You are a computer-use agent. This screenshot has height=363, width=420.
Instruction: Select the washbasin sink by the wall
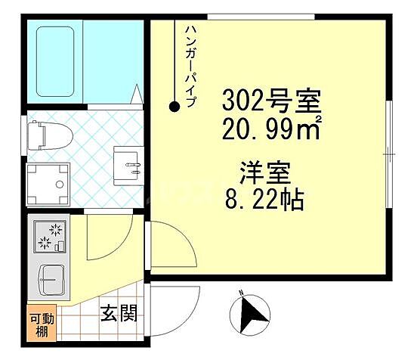pyautogui.click(x=126, y=164)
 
